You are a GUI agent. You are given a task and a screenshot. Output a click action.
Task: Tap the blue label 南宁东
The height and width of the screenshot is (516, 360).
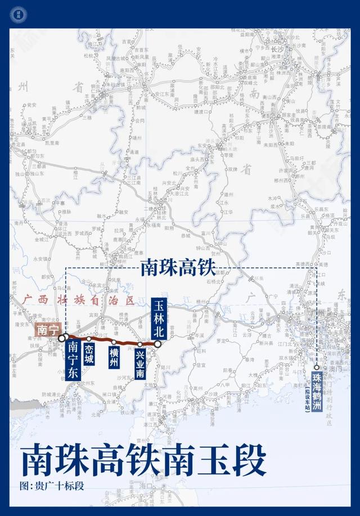click(73, 361)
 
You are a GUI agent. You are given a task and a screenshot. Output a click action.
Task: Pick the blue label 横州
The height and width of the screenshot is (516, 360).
click(114, 357)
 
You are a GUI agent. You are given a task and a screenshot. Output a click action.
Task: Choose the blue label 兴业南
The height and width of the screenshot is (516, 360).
click(140, 364)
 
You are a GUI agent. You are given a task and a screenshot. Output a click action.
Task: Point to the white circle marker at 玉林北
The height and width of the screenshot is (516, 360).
click(158, 343)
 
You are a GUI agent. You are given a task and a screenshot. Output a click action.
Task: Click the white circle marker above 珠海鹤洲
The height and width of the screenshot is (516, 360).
click(317, 352)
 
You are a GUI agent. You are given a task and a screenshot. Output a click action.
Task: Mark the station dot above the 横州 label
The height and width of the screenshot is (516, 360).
click(114, 342)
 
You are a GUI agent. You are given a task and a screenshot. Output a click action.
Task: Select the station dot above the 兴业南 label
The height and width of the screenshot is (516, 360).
click(139, 343)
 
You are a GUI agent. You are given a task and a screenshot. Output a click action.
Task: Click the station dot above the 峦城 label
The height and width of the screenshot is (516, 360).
click(89, 339)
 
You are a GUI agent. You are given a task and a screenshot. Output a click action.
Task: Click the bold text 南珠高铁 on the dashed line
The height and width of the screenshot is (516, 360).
click(178, 268)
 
